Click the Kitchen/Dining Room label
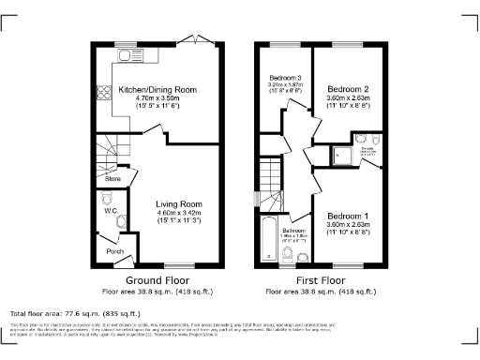tap(157, 88)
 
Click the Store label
tap(112, 177)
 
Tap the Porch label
tap(114, 251)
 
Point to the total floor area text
tap(75, 313)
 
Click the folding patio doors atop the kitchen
tap(196, 39)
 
